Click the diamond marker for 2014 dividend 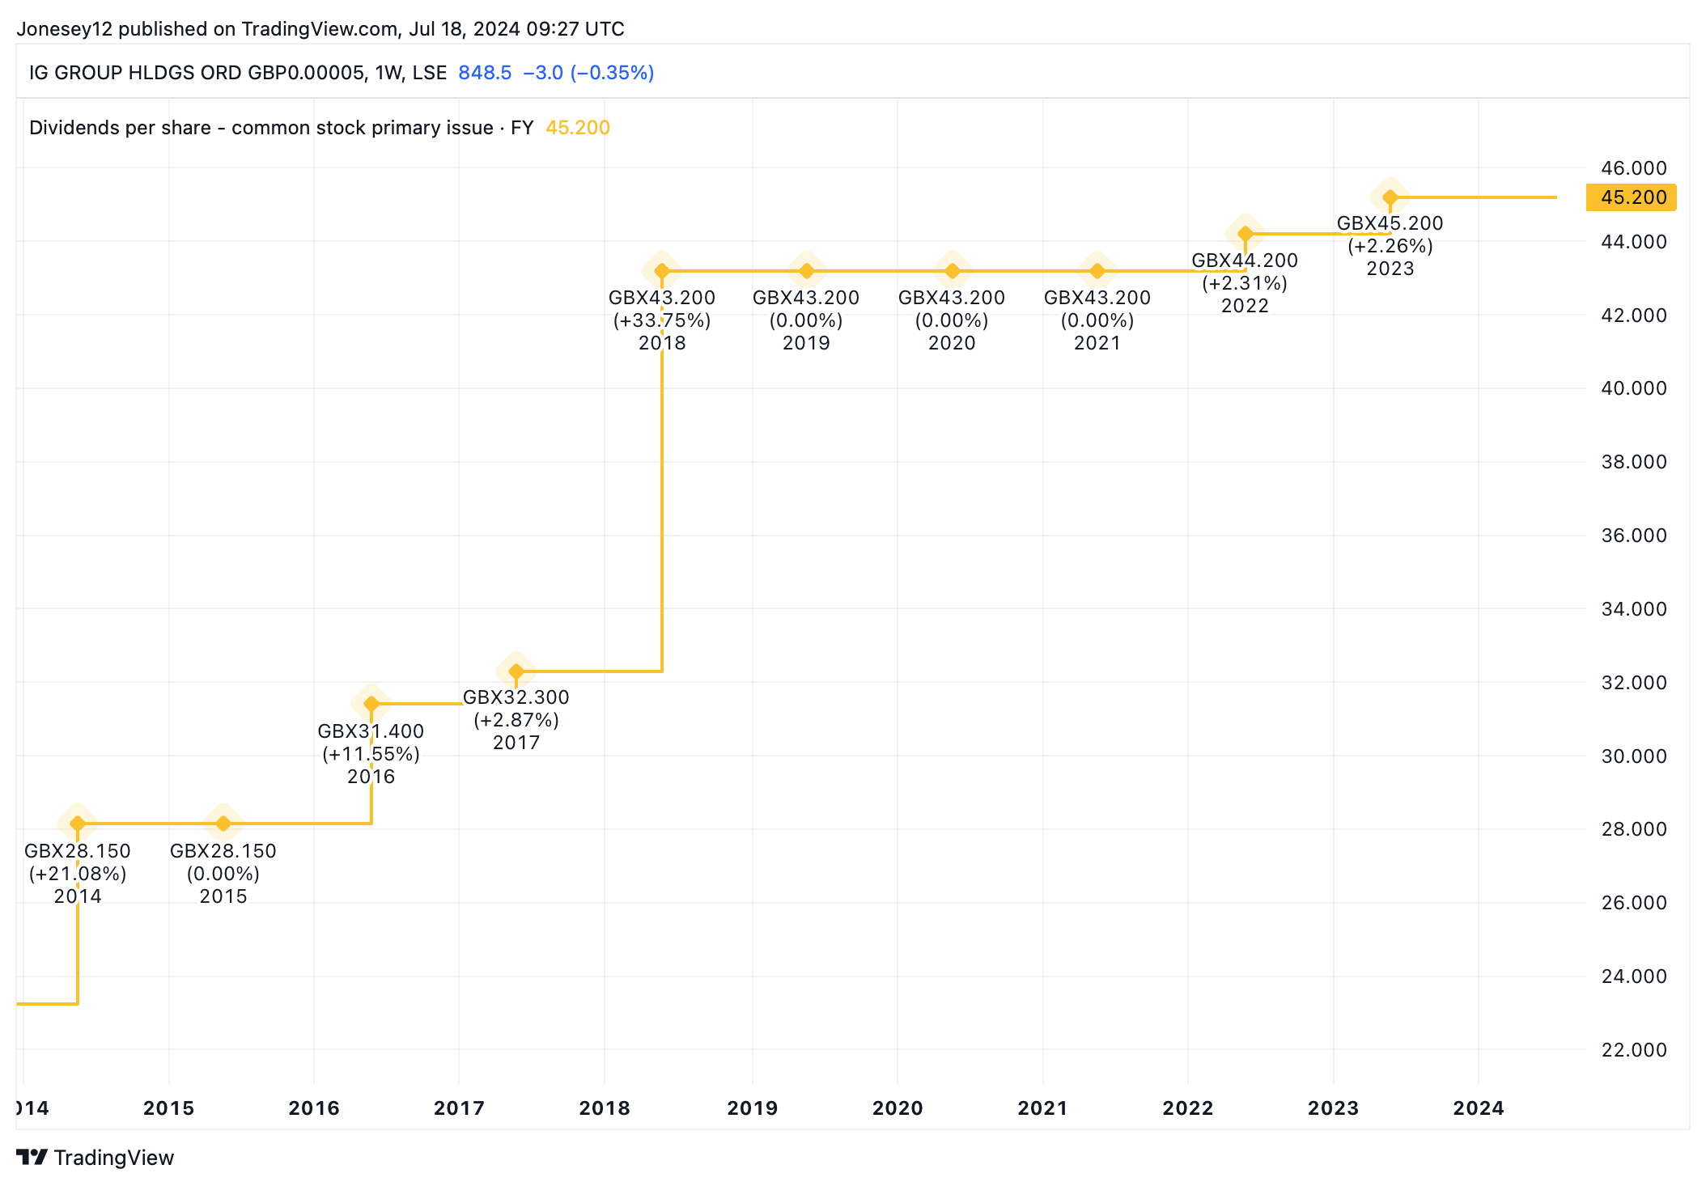coord(78,824)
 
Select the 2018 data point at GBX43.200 coord(662,271)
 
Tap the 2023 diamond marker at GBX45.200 coord(1390,197)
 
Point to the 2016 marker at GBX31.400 coord(371,704)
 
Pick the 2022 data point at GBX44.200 coord(1246,235)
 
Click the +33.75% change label coord(662,320)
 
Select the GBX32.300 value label coord(516,697)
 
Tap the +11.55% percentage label coord(371,754)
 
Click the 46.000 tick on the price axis coord(1634,168)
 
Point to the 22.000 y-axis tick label coord(1634,1050)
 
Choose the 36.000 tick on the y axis coord(1634,536)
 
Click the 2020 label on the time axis coord(898,1108)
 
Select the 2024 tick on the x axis coord(1479,1108)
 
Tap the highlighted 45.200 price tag coord(1632,197)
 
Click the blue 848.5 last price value coord(485,73)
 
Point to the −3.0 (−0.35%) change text coord(588,73)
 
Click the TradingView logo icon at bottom coord(32,1158)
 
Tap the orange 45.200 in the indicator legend coord(578,128)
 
